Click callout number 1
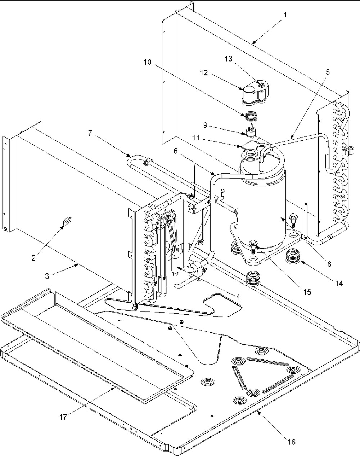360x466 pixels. (x=285, y=15)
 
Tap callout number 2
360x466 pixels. (x=34, y=258)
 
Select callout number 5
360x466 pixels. (x=327, y=72)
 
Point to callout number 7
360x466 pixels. (x=90, y=133)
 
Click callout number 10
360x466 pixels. (x=148, y=62)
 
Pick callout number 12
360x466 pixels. (x=204, y=73)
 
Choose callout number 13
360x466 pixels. (x=229, y=59)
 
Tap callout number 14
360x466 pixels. (x=339, y=284)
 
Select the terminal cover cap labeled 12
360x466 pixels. (x=255, y=93)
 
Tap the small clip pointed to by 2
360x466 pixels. (x=67, y=221)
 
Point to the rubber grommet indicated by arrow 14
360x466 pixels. (x=293, y=256)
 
